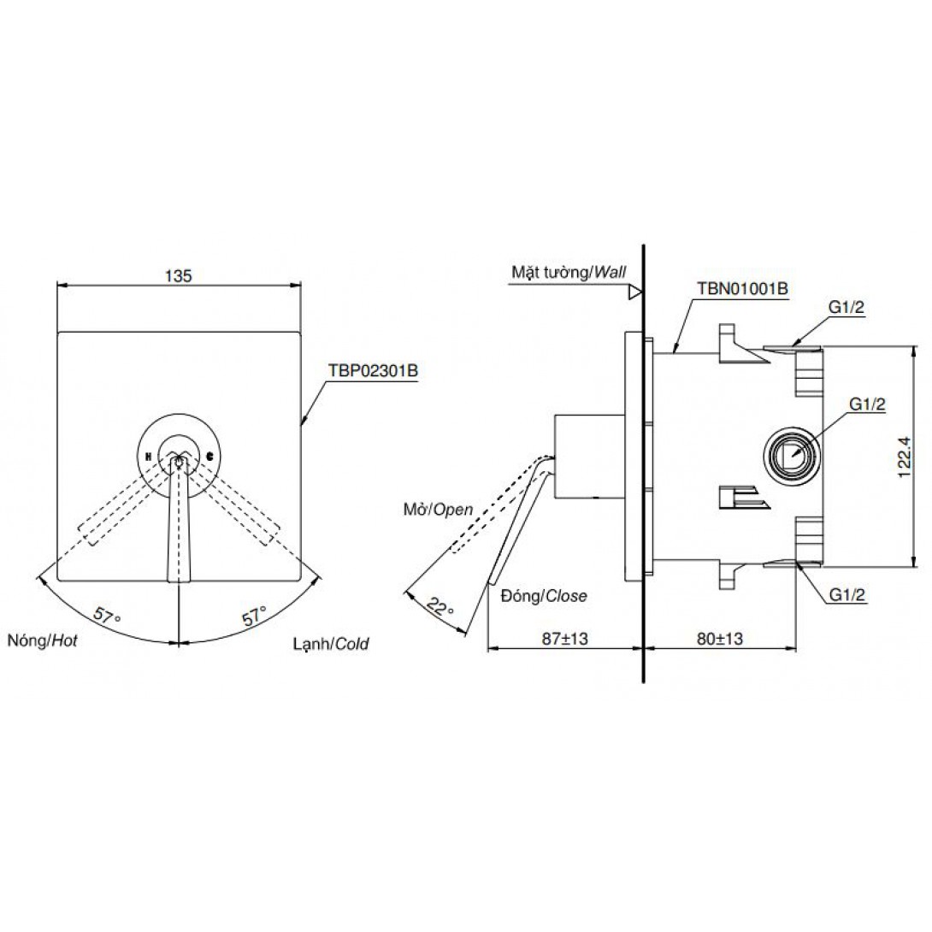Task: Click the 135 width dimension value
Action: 179,276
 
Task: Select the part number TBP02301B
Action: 374,371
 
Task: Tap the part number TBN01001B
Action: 742,288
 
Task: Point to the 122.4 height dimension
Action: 904,455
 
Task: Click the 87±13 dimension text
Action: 564,639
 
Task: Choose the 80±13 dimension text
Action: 720,639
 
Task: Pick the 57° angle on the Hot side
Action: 107,615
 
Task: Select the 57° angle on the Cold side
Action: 254,615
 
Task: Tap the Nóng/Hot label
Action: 42,640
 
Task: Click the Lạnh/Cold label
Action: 331,643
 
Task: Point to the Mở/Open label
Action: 438,509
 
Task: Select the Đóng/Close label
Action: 543,596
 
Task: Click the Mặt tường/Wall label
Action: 569,272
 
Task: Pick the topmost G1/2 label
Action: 846,307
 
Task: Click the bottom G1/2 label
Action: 847,594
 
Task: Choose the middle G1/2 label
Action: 867,404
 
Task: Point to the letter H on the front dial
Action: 147,457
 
